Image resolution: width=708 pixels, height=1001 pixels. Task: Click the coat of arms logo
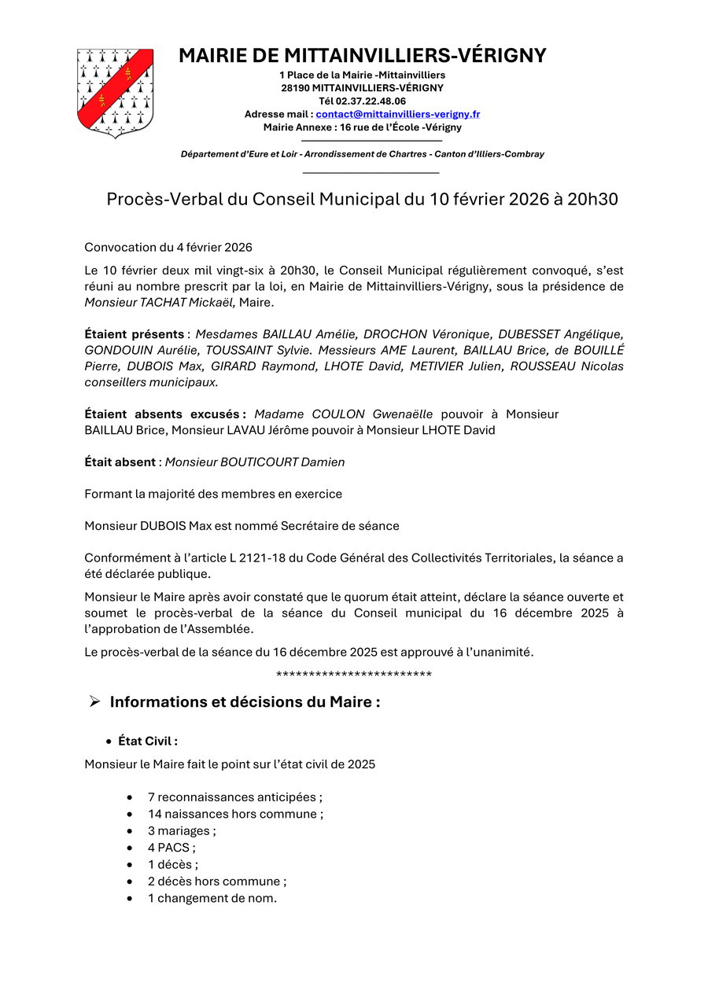pos(115,93)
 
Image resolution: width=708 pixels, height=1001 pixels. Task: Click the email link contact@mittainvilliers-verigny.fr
pos(397,114)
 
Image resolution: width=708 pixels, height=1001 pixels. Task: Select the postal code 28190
pos(295,88)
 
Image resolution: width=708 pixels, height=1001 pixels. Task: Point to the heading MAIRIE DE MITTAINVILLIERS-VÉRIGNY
pos(362,56)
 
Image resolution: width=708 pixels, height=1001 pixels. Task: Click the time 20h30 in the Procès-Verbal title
pos(592,200)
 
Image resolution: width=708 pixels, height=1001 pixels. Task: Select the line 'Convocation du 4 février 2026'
pos(168,248)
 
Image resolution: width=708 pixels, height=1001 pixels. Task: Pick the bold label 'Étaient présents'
pos(135,335)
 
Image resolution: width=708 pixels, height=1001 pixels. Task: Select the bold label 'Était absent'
pos(120,462)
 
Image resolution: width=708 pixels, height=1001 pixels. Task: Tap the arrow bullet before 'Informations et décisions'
pos(94,701)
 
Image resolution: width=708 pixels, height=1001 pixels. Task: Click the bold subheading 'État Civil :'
pos(148,741)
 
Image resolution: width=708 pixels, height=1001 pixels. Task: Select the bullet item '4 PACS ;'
pos(171,848)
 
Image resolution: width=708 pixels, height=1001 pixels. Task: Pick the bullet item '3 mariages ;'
pos(182,831)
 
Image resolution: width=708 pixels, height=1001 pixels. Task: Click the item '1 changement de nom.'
pos(212,898)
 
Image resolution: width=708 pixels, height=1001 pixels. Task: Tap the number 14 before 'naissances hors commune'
pos(155,814)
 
